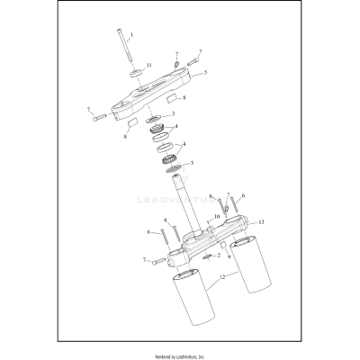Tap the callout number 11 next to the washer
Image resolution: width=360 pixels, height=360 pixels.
point(149,67)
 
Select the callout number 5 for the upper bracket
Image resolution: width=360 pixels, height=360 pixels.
point(206,73)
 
